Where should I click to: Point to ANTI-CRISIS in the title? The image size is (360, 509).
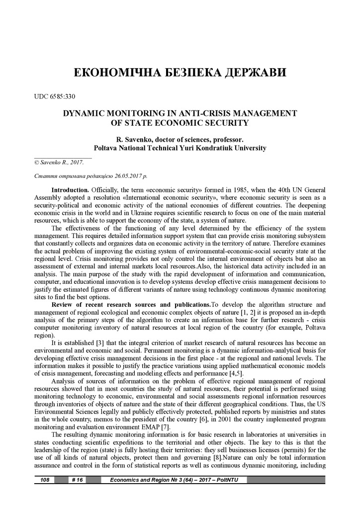193,113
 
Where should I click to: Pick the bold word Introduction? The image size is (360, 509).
70,190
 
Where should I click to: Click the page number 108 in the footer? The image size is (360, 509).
44,480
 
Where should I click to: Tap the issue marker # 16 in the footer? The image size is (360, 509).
78,480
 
